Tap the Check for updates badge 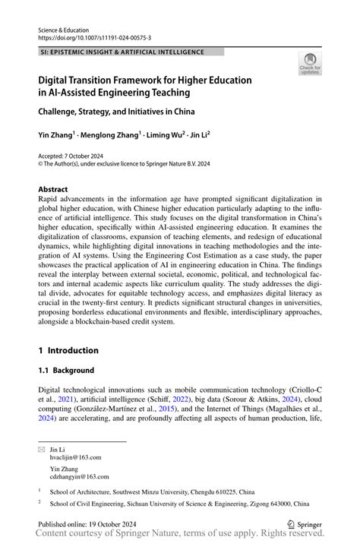[x=309, y=65]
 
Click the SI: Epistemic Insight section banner [x=122, y=52]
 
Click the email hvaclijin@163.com [x=75, y=457]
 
